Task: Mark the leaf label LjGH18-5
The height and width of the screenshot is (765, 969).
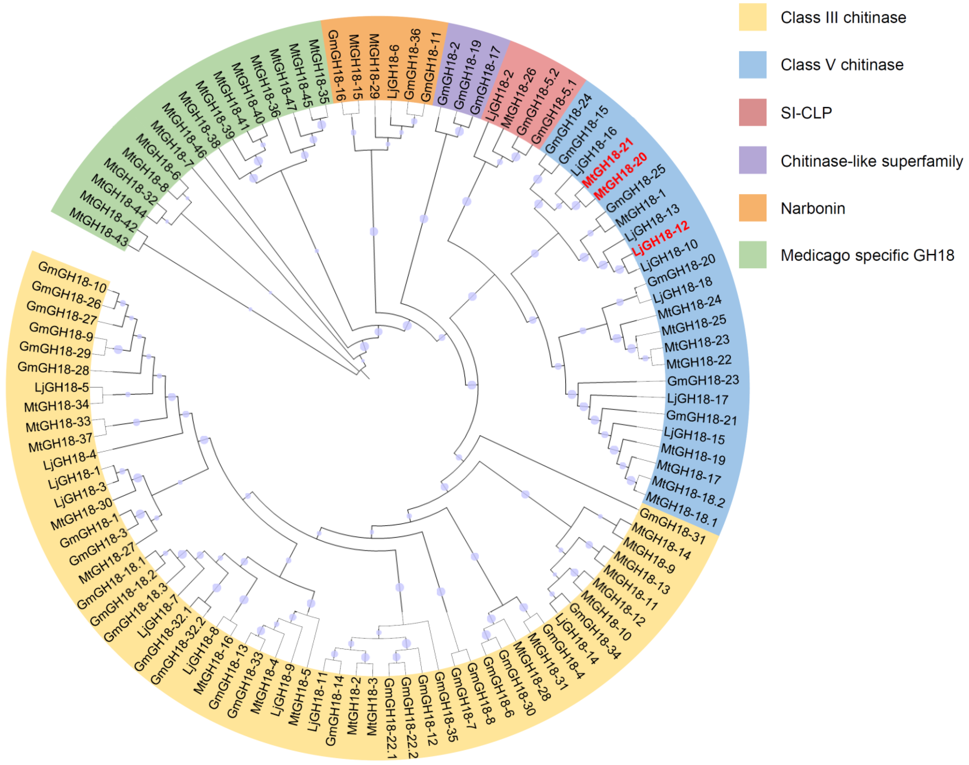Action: [x=62, y=388]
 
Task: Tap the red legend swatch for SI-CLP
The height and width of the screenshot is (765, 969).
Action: [x=752, y=112]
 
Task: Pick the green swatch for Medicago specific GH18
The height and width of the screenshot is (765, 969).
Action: [x=752, y=255]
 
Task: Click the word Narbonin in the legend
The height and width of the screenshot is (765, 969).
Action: [x=813, y=208]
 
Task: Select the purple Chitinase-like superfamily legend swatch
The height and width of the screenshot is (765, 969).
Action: [x=752, y=160]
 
